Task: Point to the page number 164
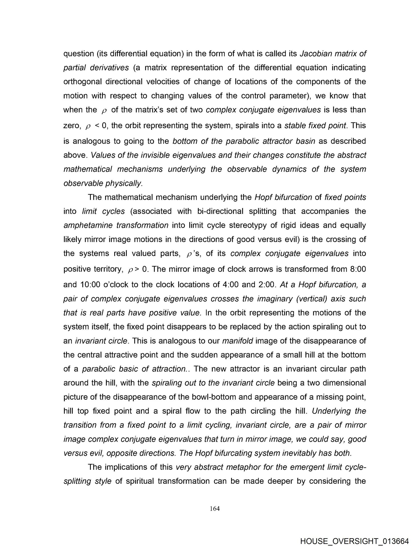214,508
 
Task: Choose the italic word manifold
237,341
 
